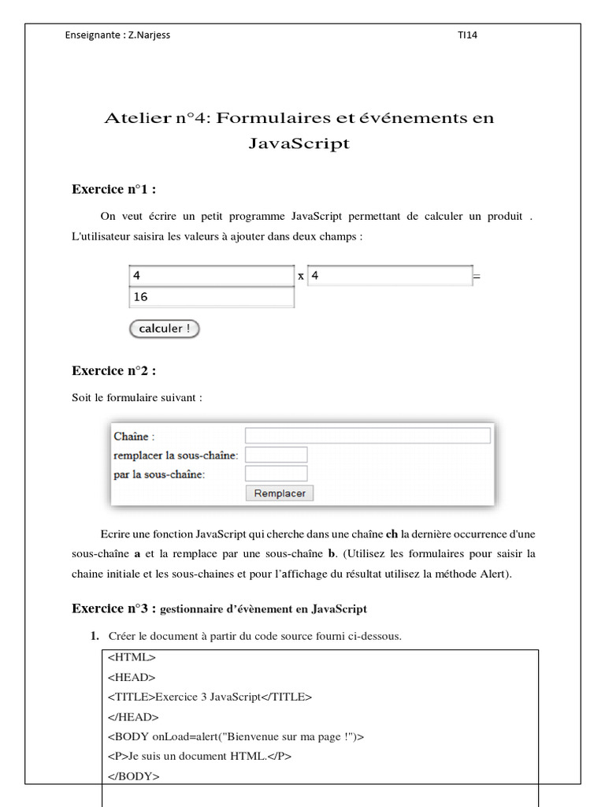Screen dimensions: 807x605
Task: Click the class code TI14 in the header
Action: [467, 35]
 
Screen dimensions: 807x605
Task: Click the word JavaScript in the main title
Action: [299, 143]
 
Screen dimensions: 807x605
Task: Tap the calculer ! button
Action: [164, 329]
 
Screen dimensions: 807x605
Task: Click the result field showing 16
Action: [210, 297]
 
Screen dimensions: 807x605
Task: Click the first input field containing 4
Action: [210, 276]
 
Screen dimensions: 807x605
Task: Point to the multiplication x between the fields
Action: [300, 277]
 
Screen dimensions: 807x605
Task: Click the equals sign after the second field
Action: [476, 277]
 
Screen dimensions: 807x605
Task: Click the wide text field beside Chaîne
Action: [367, 436]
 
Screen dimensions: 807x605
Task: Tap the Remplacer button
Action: [279, 493]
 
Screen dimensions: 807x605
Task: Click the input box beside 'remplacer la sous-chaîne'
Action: [276, 455]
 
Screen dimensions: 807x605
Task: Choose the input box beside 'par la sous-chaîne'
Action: [276, 474]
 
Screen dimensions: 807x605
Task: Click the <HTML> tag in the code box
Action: [132, 656]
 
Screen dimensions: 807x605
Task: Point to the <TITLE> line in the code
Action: [210, 697]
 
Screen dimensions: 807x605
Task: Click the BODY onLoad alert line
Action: [236, 736]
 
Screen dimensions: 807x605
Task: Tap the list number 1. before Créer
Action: [94, 636]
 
